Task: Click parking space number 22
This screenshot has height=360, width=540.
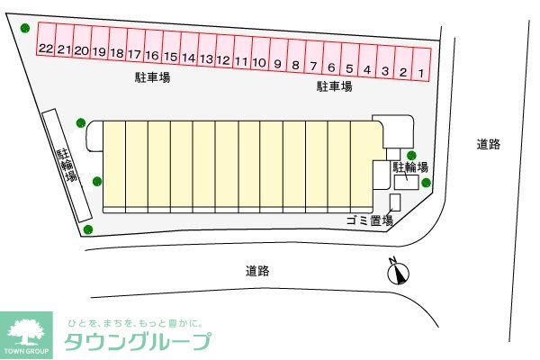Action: (x=46, y=49)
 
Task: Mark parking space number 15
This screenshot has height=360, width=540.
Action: (x=170, y=57)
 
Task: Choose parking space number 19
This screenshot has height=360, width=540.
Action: (x=99, y=52)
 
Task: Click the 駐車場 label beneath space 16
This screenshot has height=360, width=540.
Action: (x=153, y=78)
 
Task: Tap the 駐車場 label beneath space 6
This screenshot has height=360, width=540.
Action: (x=334, y=86)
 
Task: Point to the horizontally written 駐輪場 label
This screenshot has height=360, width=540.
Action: (x=409, y=166)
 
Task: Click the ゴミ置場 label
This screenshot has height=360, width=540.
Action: (x=369, y=220)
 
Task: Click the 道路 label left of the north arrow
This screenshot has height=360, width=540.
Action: (x=257, y=270)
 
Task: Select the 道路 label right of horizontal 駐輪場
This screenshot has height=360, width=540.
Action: (x=489, y=144)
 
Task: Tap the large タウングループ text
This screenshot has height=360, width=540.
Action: (x=138, y=341)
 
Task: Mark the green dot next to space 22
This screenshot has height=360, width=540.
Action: (x=25, y=28)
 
